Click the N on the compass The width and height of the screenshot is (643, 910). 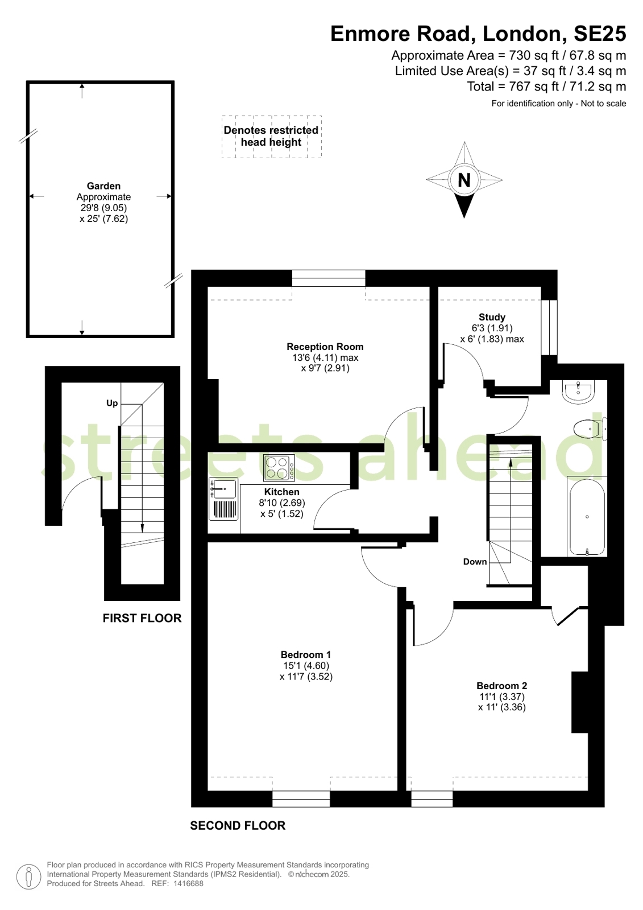[464, 180]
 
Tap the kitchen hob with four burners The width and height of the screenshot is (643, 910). [279, 468]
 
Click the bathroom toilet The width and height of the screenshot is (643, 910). [590, 429]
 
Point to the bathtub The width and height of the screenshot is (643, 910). [587, 516]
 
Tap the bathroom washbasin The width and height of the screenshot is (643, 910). [578, 392]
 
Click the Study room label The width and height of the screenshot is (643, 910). [492, 317]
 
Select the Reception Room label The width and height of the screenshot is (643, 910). [325, 347]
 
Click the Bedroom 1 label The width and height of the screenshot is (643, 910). [306, 654]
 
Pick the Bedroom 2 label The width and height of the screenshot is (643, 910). [502, 686]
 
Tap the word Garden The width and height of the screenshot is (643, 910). [103, 186]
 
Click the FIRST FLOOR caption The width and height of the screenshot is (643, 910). [142, 618]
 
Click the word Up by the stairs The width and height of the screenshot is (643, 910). [112, 403]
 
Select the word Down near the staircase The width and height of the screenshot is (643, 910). [475, 562]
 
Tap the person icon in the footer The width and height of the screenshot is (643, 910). [28, 876]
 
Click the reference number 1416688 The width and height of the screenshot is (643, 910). [188, 884]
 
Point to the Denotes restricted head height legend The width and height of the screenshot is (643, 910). [271, 136]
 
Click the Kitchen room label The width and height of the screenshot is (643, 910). [282, 492]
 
